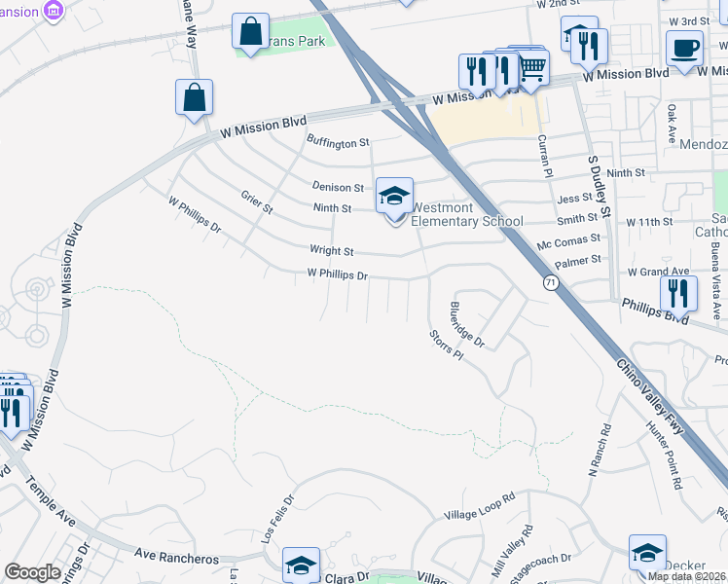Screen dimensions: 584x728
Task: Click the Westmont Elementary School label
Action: click(x=466, y=214)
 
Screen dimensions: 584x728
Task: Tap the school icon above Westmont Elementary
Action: click(x=395, y=196)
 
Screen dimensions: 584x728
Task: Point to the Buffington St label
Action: click(x=338, y=143)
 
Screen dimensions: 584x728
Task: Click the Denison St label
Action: click(x=337, y=187)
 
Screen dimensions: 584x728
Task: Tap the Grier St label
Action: click(x=257, y=202)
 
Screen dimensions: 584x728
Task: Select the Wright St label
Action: click(x=331, y=250)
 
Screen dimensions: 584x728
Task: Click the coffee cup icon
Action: click(x=684, y=48)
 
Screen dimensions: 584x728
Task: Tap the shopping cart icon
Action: click(x=531, y=67)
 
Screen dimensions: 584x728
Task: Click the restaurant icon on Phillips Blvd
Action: click(x=678, y=294)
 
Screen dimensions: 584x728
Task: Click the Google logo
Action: click(x=32, y=572)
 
